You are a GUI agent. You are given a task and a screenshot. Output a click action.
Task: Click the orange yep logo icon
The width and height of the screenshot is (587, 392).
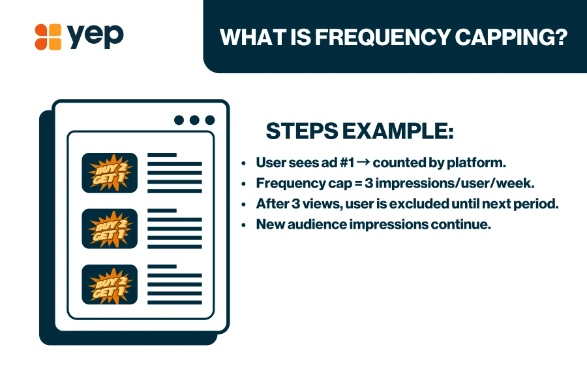click(48, 37)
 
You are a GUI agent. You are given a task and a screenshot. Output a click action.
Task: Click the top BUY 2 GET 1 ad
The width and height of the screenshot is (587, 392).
click(110, 172)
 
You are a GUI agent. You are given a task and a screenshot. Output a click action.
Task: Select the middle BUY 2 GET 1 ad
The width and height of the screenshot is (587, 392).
click(110, 228)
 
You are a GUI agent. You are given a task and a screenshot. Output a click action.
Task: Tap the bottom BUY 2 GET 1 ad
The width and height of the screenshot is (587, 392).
click(110, 284)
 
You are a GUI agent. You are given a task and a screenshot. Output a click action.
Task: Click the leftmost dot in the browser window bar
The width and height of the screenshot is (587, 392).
click(179, 120)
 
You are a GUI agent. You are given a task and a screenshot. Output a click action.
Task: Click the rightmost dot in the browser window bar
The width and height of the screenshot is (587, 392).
click(210, 120)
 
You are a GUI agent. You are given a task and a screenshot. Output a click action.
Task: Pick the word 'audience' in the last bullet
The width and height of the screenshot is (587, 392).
click(309, 223)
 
